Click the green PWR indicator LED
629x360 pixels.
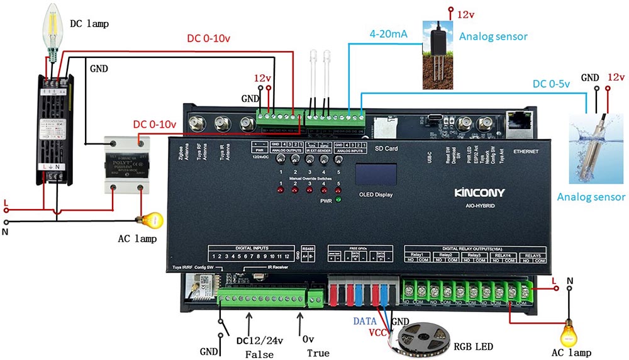(x=338, y=201)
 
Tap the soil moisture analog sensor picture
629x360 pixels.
(x=438, y=54)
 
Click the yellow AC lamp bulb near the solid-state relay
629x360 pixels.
(x=153, y=220)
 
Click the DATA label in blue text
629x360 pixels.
(x=364, y=320)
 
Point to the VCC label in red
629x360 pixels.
(x=377, y=331)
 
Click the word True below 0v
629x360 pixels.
(x=318, y=353)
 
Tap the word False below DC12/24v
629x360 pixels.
(x=259, y=354)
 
